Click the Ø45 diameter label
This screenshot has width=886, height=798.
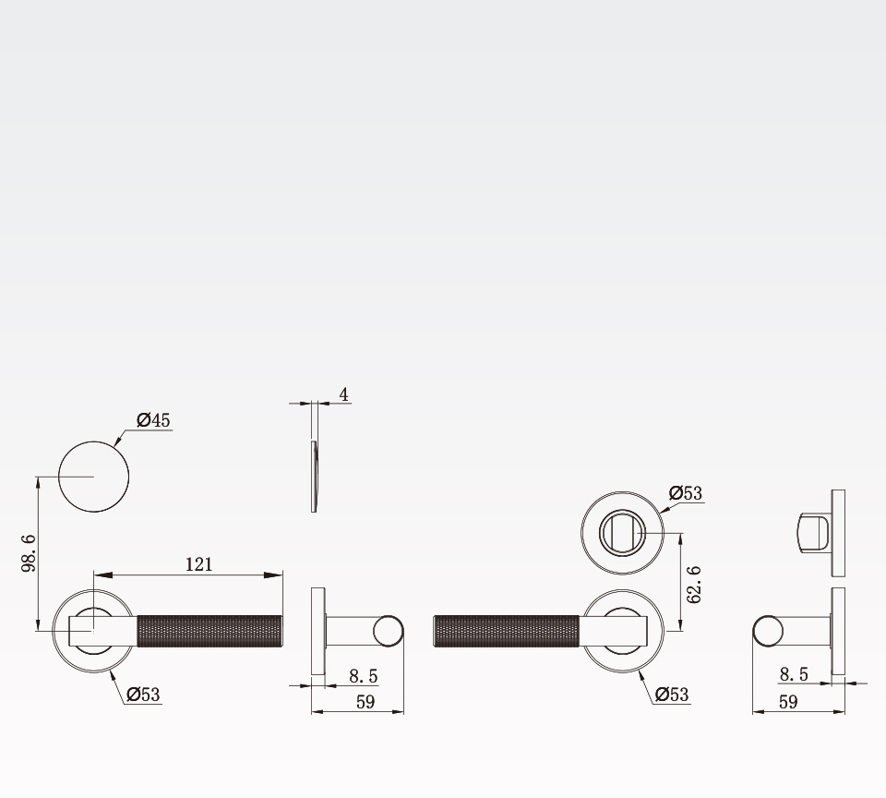[x=153, y=420]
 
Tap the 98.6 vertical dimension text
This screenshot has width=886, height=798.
[x=30, y=553]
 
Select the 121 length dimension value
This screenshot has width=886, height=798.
[x=199, y=564]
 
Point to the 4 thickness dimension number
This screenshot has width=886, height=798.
[x=343, y=394]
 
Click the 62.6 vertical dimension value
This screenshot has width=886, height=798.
[x=694, y=585]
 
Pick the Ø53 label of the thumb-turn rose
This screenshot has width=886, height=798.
[x=686, y=493]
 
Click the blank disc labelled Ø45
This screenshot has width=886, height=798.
[x=94, y=477]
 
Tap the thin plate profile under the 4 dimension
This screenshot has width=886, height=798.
[x=314, y=477]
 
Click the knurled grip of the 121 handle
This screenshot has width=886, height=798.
[x=210, y=631]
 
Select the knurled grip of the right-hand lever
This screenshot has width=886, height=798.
[x=507, y=631]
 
